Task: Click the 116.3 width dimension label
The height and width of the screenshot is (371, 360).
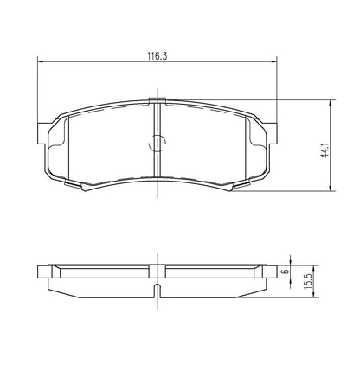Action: [x=157, y=55]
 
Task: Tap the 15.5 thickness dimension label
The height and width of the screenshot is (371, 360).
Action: [x=308, y=282]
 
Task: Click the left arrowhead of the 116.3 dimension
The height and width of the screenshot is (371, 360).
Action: [x=41, y=61]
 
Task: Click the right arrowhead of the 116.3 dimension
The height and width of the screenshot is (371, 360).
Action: [x=274, y=61]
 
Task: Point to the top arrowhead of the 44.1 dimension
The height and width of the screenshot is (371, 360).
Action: [x=331, y=103]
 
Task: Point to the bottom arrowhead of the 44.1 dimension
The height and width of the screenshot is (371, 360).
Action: [x=331, y=188]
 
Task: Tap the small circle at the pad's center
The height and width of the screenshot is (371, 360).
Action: [x=157, y=143]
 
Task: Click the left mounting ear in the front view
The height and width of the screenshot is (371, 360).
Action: [x=42, y=133]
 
